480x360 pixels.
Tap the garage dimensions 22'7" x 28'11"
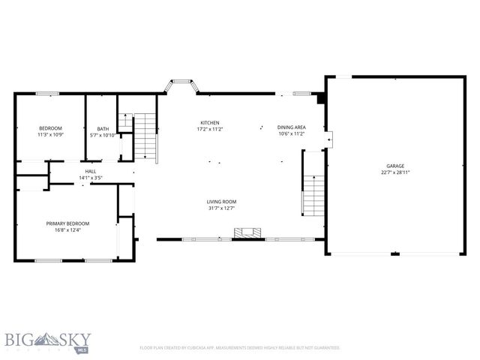pyautogui.click(x=395, y=172)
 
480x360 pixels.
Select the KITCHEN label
pyautogui.click(x=209, y=123)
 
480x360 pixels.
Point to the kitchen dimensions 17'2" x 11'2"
pyautogui.click(x=209, y=130)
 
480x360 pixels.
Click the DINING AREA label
pyautogui.click(x=291, y=127)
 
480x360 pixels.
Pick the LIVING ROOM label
pyautogui.click(x=222, y=201)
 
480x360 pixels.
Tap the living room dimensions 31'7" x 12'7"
pyautogui.click(x=222, y=208)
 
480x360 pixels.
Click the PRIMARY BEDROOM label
pyautogui.click(x=67, y=223)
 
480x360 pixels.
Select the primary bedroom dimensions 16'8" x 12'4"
pyautogui.click(x=67, y=230)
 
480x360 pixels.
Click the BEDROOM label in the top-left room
pyautogui.click(x=50, y=128)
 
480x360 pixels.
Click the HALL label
pyautogui.click(x=91, y=172)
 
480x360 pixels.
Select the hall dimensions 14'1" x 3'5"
pyautogui.click(x=91, y=178)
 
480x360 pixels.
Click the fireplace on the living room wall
pyautogui.click(x=248, y=234)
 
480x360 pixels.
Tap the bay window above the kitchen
pyautogui.click(x=181, y=84)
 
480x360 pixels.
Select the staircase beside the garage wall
pyautogui.click(x=313, y=193)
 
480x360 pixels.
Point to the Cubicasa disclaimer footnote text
pyautogui.click(x=240, y=348)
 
